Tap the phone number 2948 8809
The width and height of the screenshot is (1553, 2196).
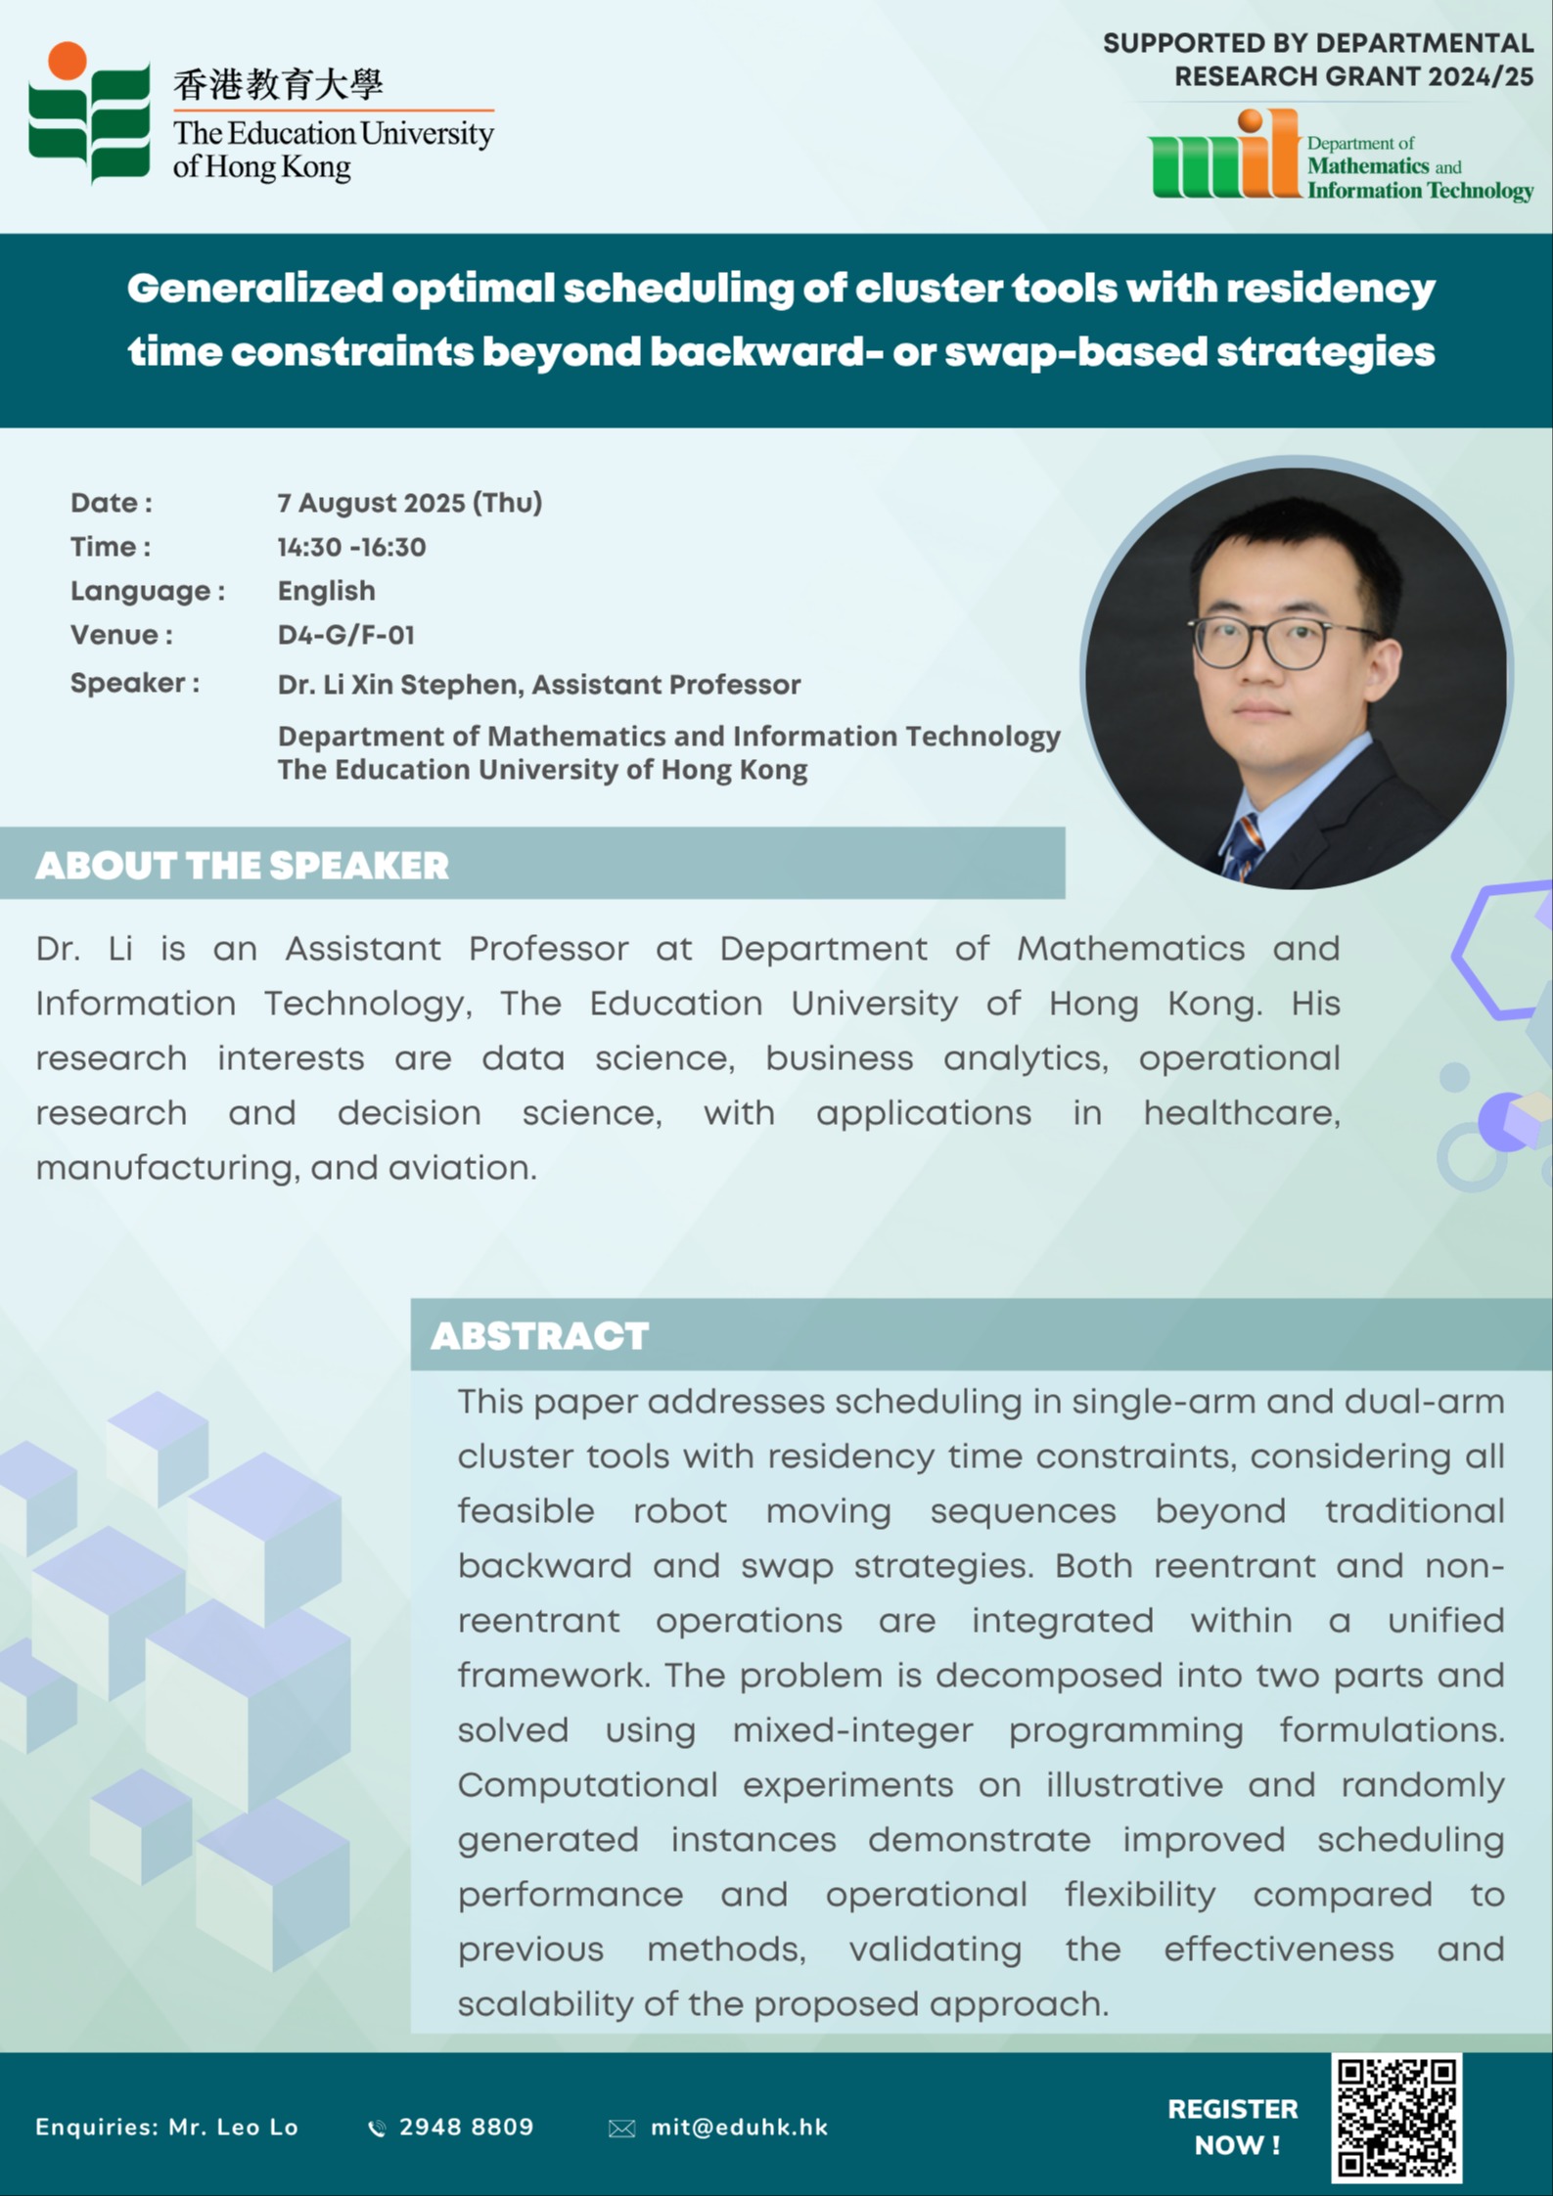(x=467, y=2128)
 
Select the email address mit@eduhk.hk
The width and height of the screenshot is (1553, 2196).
(x=740, y=2128)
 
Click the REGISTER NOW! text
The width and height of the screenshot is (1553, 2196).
(x=1233, y=2128)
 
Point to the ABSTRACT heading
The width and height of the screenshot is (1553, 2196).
(x=540, y=1336)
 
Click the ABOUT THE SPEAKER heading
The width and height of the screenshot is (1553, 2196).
(x=243, y=866)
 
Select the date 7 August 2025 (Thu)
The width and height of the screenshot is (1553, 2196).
(x=410, y=503)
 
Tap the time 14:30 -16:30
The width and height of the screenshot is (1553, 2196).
(x=351, y=547)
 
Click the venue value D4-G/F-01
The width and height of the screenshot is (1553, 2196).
(x=346, y=635)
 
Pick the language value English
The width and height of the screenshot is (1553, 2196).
(x=327, y=591)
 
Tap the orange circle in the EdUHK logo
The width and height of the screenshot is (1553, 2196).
(x=68, y=61)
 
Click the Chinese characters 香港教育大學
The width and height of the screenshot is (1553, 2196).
(x=278, y=85)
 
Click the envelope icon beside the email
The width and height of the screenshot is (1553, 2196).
(x=621, y=2129)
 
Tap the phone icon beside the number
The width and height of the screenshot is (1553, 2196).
(x=377, y=2129)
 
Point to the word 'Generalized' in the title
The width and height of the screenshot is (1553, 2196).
(x=255, y=289)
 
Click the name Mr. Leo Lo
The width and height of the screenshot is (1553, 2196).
(x=233, y=2128)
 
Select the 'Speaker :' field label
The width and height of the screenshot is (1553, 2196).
(x=135, y=683)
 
